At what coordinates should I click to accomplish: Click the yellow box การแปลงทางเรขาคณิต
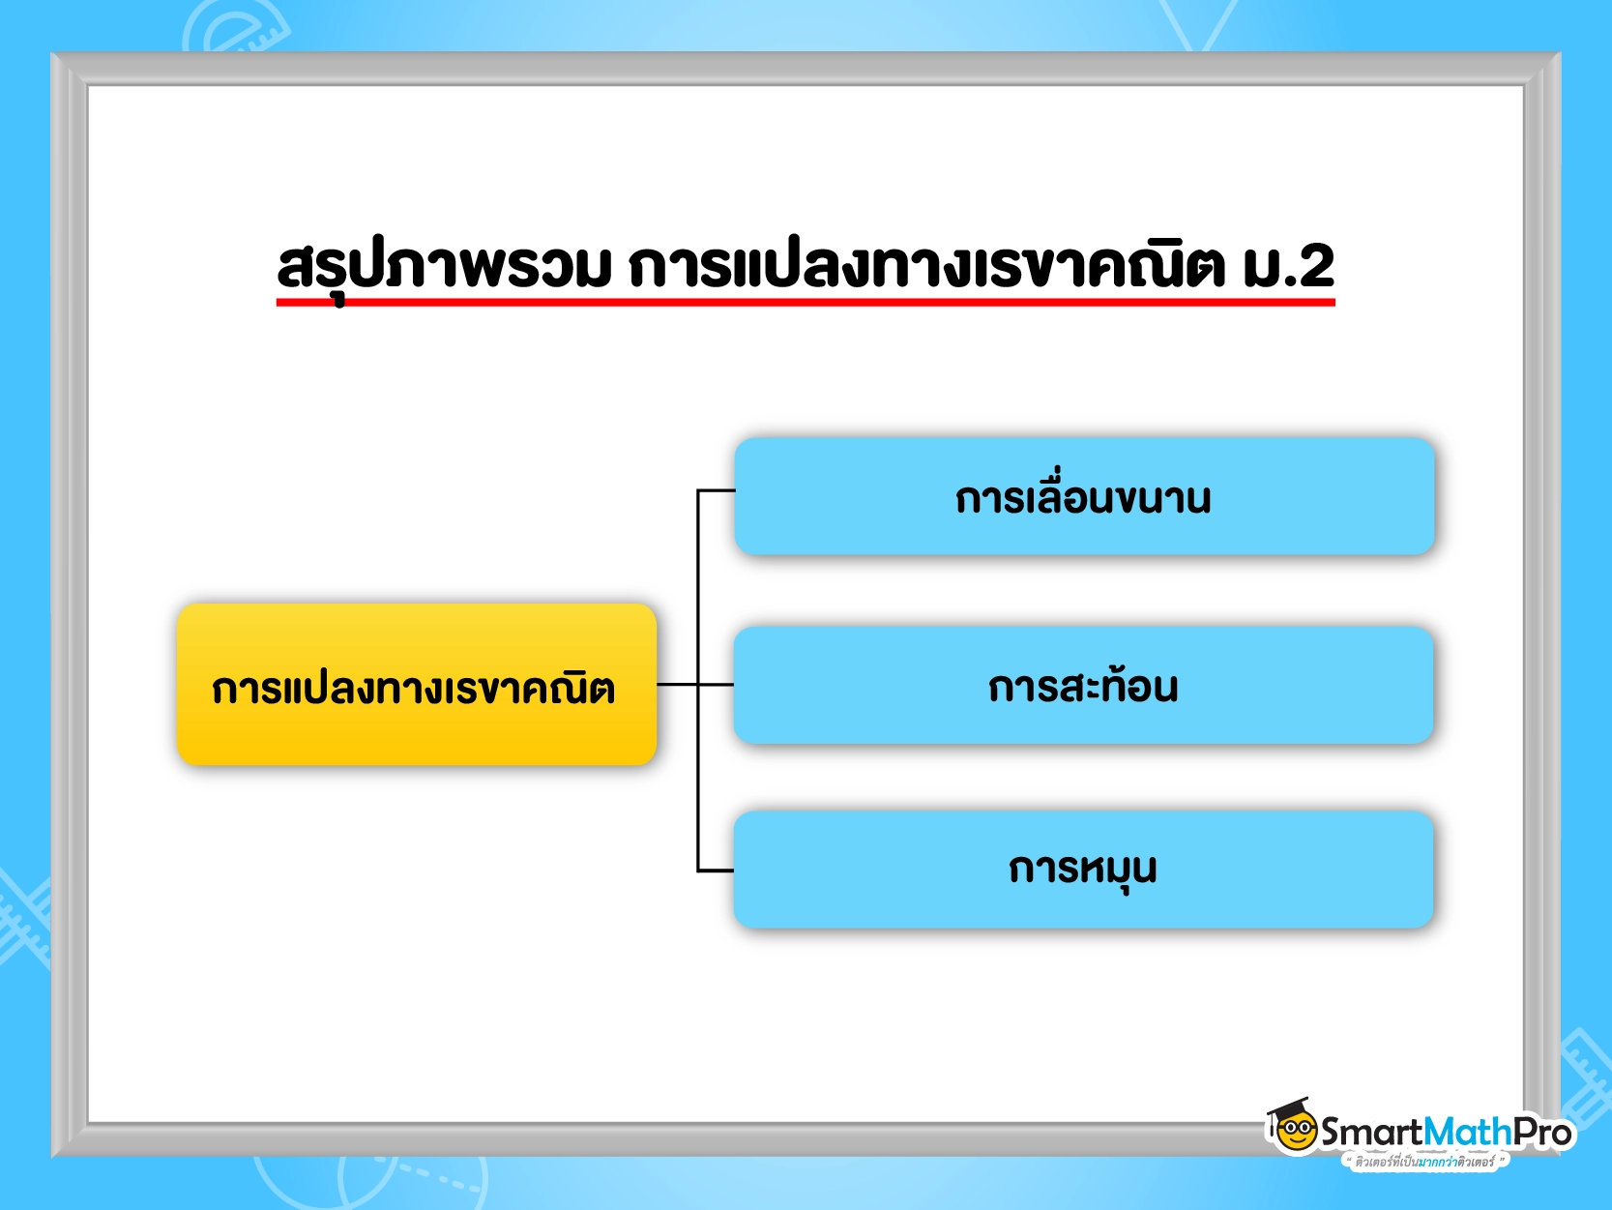pos(417,684)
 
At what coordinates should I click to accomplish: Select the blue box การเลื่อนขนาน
pos(1084,496)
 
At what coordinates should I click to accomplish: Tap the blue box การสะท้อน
pos(1083,685)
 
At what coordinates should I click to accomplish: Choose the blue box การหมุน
pos(1083,871)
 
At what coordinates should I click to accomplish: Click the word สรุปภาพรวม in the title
pos(444,267)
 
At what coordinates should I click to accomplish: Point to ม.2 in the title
pos(1288,266)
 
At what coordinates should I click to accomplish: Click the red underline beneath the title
pos(806,302)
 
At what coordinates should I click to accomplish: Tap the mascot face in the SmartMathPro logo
pos(1295,1132)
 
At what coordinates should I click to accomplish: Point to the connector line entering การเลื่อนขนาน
pos(716,490)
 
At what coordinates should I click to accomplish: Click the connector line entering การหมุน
pos(716,871)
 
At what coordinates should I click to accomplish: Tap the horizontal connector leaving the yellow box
pos(694,684)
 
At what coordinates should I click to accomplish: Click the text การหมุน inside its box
pos(1083,871)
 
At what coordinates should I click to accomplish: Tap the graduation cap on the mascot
pos(1290,1108)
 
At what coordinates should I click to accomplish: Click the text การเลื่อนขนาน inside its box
pos(1083,495)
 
